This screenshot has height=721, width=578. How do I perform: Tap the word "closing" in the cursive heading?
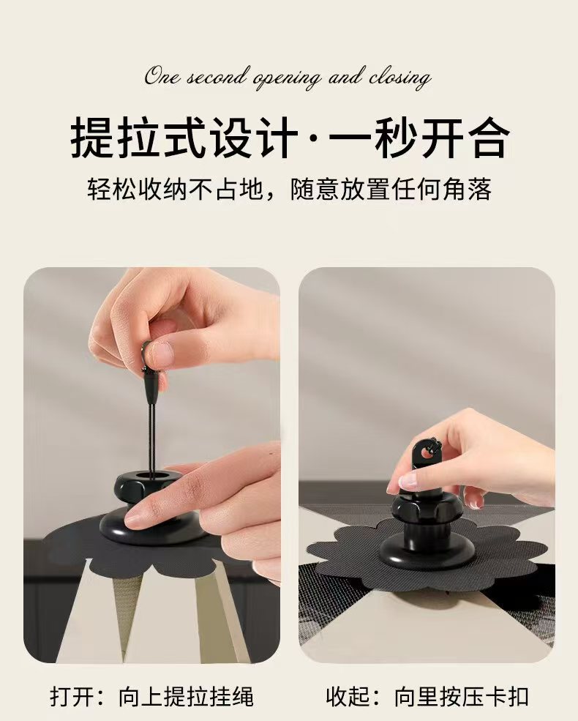(399, 78)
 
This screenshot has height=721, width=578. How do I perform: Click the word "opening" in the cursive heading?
(287, 78)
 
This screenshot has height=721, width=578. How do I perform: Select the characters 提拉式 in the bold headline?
(138, 138)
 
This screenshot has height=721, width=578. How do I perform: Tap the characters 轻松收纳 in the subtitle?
(137, 190)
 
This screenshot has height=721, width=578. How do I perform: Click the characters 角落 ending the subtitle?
(468, 190)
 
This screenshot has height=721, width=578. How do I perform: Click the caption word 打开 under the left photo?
(73, 697)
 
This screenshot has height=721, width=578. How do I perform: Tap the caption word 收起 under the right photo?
(349, 697)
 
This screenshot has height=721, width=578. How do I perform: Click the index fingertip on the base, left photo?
(138, 518)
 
